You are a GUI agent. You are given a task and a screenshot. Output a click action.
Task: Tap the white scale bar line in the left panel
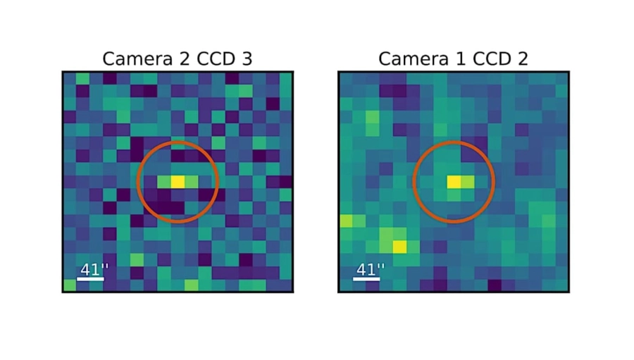(90, 279)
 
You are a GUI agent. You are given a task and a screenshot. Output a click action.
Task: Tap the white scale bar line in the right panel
(366, 279)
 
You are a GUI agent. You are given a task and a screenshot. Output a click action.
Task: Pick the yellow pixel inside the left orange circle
(178, 182)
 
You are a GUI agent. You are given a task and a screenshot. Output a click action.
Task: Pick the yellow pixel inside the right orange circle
(454, 182)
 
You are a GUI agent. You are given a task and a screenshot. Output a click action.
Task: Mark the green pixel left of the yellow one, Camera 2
(163, 182)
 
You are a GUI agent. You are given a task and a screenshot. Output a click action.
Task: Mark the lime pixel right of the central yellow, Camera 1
(468, 182)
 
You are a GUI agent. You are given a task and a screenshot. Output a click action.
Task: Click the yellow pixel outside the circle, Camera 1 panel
(399, 246)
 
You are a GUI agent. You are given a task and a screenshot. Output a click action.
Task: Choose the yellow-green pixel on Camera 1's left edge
(345, 221)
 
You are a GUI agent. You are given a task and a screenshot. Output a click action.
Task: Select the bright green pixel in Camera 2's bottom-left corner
(69, 285)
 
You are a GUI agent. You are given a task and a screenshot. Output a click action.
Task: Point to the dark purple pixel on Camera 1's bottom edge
(495, 285)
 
